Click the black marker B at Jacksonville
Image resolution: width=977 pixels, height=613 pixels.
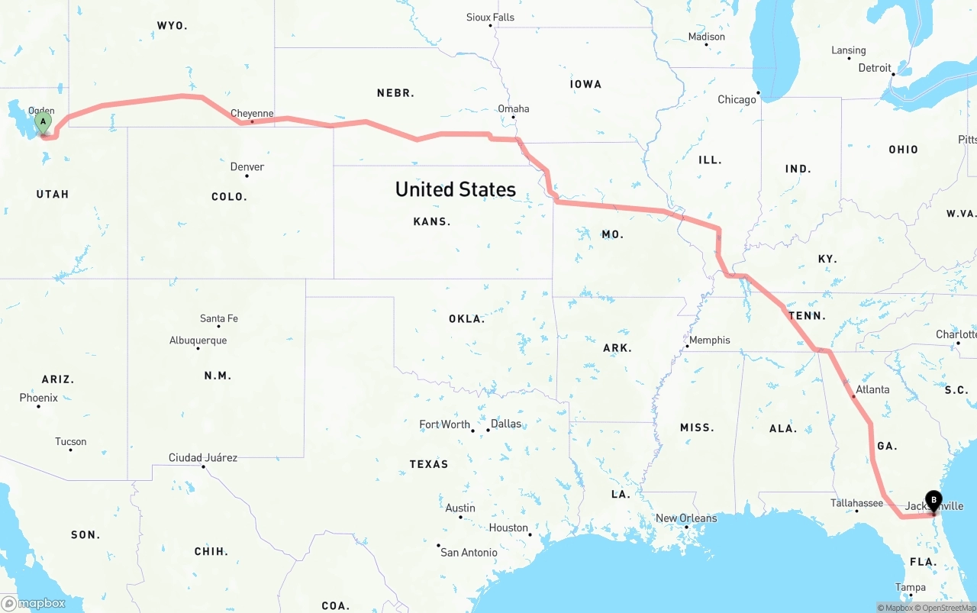tap(933, 500)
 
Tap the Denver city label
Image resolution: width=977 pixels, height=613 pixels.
tap(247, 166)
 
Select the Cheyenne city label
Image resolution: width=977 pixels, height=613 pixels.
tap(252, 114)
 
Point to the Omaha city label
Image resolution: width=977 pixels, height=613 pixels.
tap(514, 108)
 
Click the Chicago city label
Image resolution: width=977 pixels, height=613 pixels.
tap(737, 99)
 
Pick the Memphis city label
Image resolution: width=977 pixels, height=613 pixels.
tap(710, 340)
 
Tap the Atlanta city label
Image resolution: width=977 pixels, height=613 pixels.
tap(872, 389)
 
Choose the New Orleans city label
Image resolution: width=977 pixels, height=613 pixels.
tap(686, 518)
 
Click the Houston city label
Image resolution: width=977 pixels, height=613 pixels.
tap(508, 528)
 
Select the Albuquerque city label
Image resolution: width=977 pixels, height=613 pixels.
tap(198, 340)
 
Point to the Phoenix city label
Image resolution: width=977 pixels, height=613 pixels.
tap(38, 398)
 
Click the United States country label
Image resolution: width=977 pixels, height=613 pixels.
tap(456, 189)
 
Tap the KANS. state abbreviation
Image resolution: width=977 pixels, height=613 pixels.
tap(432, 221)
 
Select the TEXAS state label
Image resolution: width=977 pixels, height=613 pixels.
tap(429, 464)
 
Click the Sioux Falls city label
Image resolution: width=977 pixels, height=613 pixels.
tap(490, 17)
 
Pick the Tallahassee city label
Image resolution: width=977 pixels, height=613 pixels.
tap(856, 503)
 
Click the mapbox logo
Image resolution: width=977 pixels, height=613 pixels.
tap(34, 603)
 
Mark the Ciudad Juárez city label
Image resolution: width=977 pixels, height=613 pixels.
tap(203, 458)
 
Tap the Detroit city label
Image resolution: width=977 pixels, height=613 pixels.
tap(875, 68)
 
